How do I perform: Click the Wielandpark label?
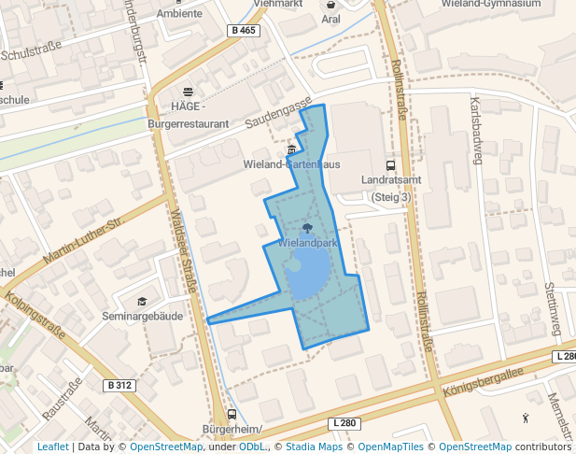pyautogui.click(x=307, y=243)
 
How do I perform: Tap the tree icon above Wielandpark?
pyautogui.click(x=307, y=227)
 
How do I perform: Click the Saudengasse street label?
pyautogui.click(x=277, y=117)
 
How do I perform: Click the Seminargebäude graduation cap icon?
pyautogui.click(x=142, y=301)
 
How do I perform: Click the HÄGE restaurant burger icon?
pyautogui.click(x=189, y=92)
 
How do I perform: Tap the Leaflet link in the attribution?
pyautogui.click(x=52, y=447)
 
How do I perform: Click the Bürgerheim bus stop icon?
pyautogui.click(x=232, y=415)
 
